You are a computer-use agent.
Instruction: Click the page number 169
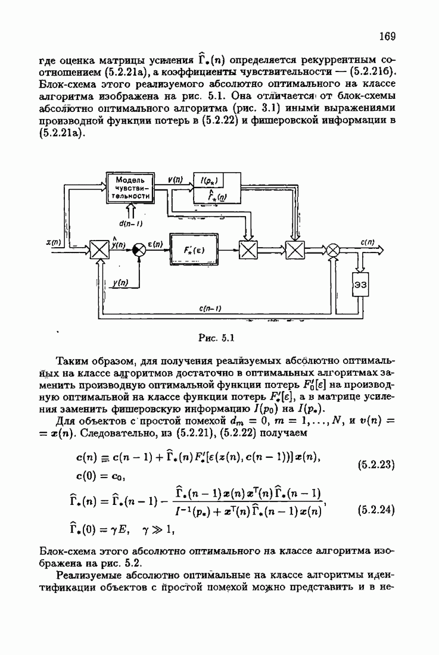tap(387, 36)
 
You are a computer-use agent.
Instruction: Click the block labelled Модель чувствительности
tap(130, 188)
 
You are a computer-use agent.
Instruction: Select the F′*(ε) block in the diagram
tap(194, 250)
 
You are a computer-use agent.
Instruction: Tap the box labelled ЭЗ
tap(360, 285)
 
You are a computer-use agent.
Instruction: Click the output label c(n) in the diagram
tap(368, 241)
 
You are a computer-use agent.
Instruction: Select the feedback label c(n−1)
tap(210, 308)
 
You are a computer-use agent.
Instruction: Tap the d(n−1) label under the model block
tap(130, 223)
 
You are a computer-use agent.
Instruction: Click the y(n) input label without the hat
tap(120, 282)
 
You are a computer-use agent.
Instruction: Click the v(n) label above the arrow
tap(176, 180)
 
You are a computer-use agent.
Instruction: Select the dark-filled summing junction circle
tap(138, 250)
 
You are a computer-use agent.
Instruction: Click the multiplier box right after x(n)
tap(99, 250)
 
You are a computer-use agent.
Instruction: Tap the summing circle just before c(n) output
tap(333, 250)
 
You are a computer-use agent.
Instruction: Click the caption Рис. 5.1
tap(216, 338)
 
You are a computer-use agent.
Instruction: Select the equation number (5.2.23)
tap(376, 464)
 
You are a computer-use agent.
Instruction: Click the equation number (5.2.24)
tap(376, 510)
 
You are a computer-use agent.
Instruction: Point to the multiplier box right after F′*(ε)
tap(248, 250)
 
